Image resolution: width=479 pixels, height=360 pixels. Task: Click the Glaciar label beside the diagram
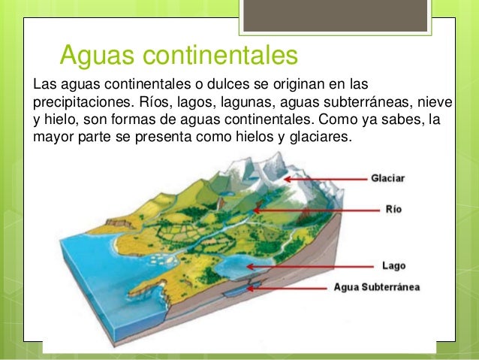click(388, 179)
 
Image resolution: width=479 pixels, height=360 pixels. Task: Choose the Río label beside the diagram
click(393, 210)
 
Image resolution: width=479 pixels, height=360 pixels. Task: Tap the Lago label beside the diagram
click(394, 265)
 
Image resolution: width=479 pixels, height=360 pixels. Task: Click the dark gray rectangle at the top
click(333, 16)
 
